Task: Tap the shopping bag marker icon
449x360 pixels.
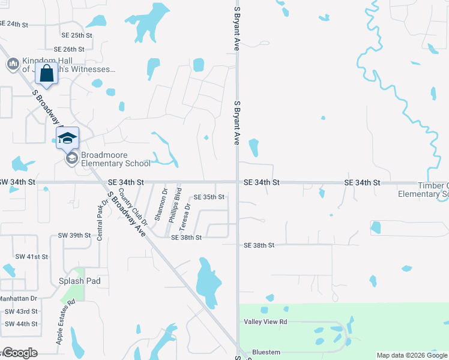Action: coord(46,74)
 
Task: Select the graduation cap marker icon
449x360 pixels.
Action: coord(67,138)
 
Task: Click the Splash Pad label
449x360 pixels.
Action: coord(79,281)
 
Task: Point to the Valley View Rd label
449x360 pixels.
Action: coord(265,322)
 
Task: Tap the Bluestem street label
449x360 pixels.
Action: coord(267,352)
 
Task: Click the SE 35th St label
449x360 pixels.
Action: coord(208,197)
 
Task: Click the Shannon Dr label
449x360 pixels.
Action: coord(161,204)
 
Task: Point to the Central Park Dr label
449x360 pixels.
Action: coord(100,220)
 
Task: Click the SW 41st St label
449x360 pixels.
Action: coord(32,257)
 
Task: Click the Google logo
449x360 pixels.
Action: coord(19,353)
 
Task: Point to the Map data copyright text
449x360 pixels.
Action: coord(411,355)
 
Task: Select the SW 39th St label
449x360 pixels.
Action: coord(74,236)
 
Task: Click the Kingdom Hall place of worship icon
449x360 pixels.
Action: coord(13,64)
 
